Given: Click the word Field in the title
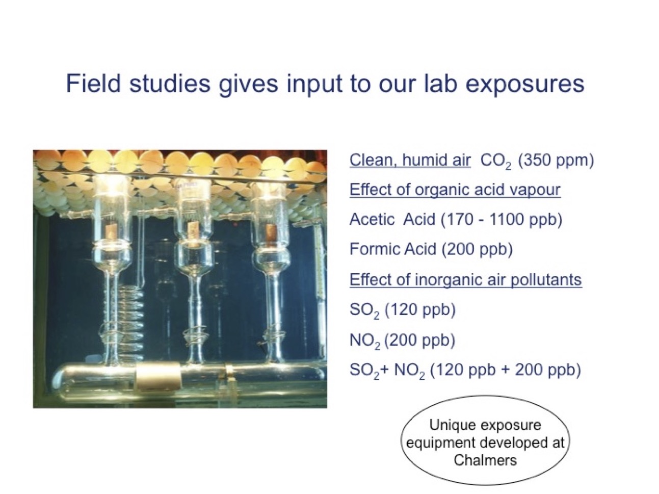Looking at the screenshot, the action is (93, 84).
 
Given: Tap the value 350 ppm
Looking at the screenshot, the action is (556, 161).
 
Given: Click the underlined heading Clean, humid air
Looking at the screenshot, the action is (410, 160).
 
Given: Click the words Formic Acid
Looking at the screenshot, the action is (392, 249).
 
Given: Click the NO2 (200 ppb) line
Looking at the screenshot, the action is (403, 341).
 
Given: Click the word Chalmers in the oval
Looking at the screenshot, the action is (485, 460).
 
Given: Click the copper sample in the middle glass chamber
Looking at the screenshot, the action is (191, 230).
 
